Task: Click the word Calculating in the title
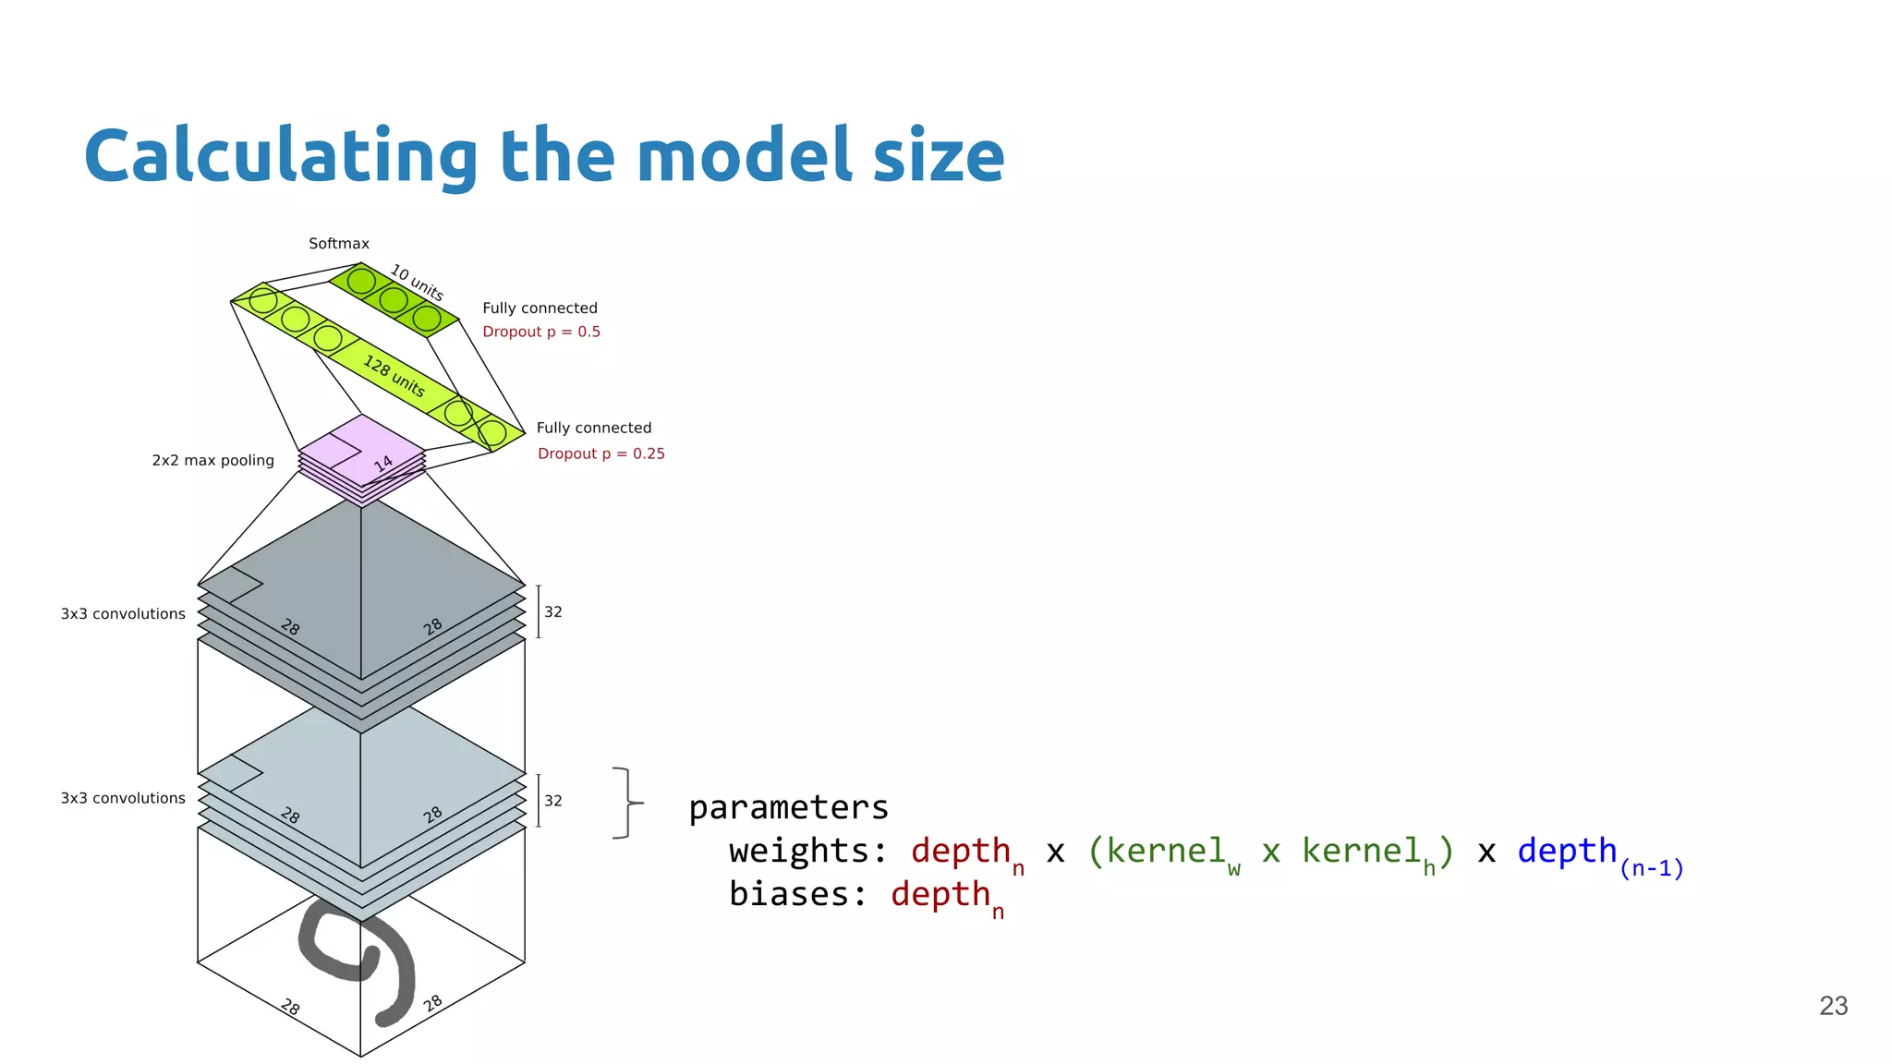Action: click(280, 157)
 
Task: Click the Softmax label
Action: click(338, 244)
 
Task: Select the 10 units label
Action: click(417, 283)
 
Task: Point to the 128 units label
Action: click(394, 376)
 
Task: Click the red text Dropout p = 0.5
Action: click(541, 332)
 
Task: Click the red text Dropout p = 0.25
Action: click(600, 453)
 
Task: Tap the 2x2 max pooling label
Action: click(212, 460)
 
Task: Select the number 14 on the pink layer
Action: click(383, 464)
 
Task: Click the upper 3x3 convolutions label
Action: click(123, 614)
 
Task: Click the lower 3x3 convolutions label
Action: click(123, 798)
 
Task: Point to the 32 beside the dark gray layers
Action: click(553, 611)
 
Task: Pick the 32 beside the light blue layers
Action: click(553, 801)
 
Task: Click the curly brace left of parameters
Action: click(627, 803)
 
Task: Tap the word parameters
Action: click(788, 808)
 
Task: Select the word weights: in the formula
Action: click(807, 851)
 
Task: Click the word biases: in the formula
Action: click(797, 894)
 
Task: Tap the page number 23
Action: click(1833, 1006)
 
